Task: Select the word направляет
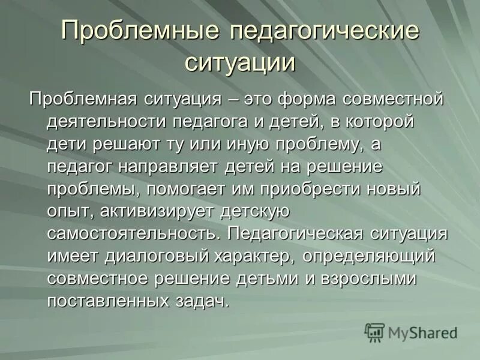pyautogui.click(x=172, y=166)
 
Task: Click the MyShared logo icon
pyautogui.click(x=375, y=332)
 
